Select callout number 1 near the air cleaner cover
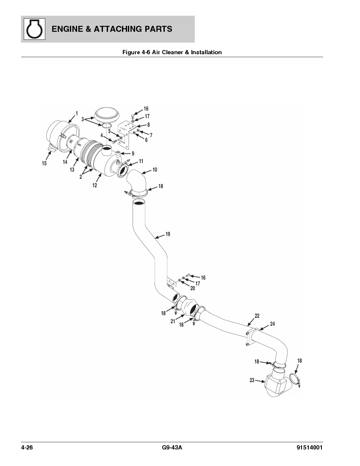tap(76, 113)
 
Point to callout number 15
tap(44, 164)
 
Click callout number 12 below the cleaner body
tap(94, 185)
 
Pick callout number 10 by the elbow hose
tap(155, 169)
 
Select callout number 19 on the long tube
tap(168, 234)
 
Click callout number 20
tap(192, 288)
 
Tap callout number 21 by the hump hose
tap(173, 322)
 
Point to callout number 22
tap(257, 316)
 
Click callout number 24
tap(272, 324)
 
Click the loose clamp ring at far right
tap(295, 378)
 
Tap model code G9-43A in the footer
tap(172, 448)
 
